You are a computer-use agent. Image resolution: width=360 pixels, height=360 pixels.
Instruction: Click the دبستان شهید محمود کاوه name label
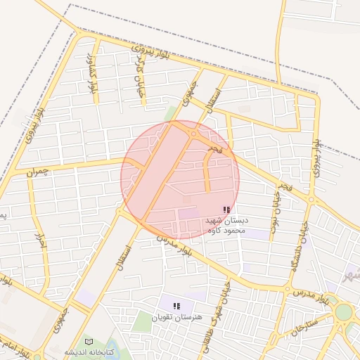pos(226,226)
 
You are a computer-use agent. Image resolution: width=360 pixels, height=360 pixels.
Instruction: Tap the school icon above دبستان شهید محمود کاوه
pos(226,210)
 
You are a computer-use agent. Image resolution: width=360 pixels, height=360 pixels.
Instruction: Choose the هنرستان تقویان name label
pos(176,317)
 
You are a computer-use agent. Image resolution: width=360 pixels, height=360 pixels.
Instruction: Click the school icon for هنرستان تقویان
pos(176,306)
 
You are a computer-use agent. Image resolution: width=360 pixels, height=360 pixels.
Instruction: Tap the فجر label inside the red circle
pos(214,149)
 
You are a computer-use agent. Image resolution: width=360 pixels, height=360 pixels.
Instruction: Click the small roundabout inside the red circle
pos(193,134)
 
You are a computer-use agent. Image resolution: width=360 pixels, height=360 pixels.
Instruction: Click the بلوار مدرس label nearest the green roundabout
pos(310,290)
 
